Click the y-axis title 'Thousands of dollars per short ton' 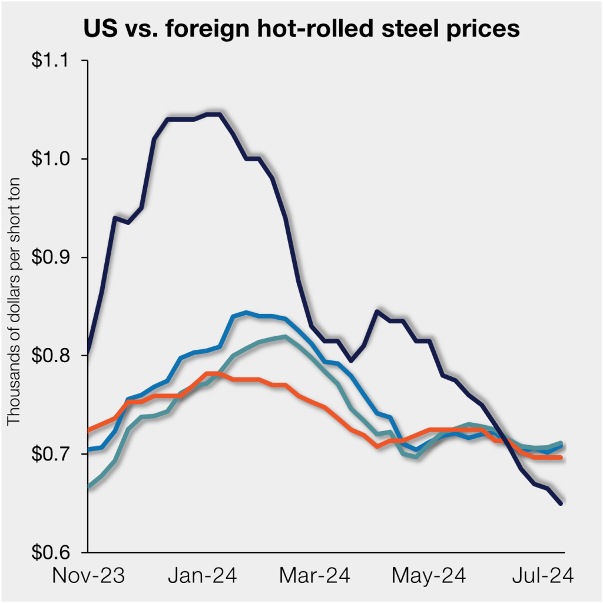tap(14, 306)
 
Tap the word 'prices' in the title tap(483, 28)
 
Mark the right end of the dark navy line tap(561, 503)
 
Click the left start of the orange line tap(88, 431)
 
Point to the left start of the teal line tap(88, 487)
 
